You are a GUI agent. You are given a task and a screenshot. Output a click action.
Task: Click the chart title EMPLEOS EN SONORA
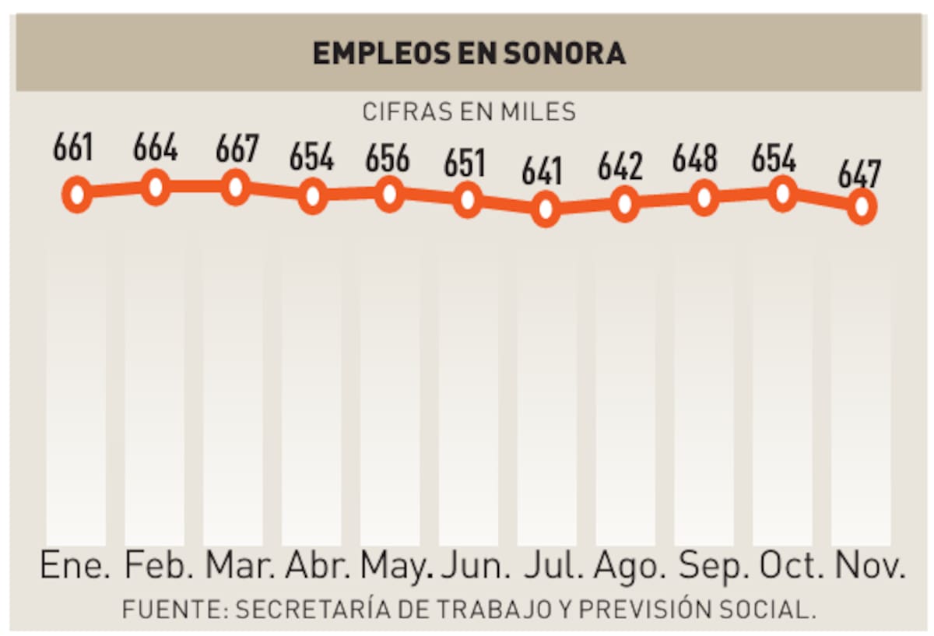pyautogui.click(x=469, y=53)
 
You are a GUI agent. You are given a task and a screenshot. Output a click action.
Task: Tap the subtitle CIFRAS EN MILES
pyautogui.click(x=469, y=112)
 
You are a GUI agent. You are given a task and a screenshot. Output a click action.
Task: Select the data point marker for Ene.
pyautogui.click(x=76, y=195)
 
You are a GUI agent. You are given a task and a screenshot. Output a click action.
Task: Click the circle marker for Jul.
pyautogui.click(x=546, y=209)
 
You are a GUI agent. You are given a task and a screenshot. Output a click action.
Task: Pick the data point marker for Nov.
pyautogui.click(x=861, y=206)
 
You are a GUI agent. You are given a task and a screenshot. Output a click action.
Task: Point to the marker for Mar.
pyautogui.click(x=234, y=188)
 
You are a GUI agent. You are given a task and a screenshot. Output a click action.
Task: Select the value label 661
pyautogui.click(x=73, y=148)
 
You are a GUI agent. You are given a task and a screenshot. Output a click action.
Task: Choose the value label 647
pyautogui.click(x=859, y=174)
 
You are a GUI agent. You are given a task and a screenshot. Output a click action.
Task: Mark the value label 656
pyautogui.click(x=388, y=159)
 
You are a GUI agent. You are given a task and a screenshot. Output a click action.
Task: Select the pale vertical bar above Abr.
pyautogui.click(x=312, y=389)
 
